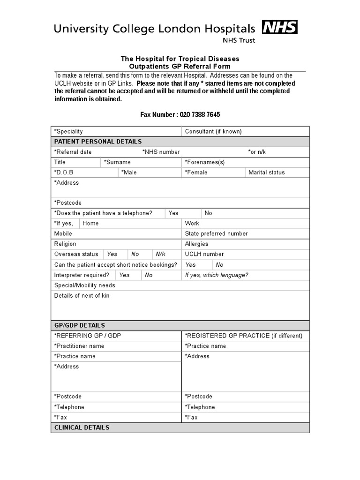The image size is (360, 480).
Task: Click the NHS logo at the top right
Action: tap(279, 28)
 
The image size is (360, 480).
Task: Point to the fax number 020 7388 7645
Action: tap(197, 114)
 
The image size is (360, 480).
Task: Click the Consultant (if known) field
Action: tap(213, 132)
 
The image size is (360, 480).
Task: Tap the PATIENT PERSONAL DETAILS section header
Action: tap(98, 142)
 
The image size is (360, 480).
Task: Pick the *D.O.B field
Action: tap(64, 172)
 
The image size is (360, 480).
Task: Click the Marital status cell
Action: tap(266, 172)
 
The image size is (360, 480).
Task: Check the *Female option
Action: tap(196, 172)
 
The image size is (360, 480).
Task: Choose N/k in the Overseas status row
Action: tap(161, 254)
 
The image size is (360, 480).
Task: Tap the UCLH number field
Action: tap(204, 254)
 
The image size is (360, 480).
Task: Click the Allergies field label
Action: tap(197, 244)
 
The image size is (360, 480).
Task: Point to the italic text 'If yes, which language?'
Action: tap(217, 275)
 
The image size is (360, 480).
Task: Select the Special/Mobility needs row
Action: tap(85, 285)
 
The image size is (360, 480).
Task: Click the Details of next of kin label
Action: tap(82, 296)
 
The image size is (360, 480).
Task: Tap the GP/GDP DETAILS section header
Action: tap(80, 325)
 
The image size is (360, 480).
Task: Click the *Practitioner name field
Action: tap(79, 346)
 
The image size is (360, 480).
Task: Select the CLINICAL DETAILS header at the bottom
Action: tap(82, 427)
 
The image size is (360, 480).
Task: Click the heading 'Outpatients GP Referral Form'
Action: tap(180, 67)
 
